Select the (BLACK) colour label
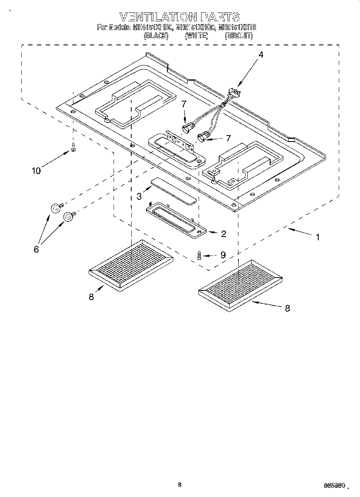coord(156,36)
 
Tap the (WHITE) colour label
coord(196,36)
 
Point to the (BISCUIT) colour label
coord(239,36)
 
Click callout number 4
coord(261,55)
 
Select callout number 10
coord(36,171)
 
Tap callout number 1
coord(317,237)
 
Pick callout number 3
coord(139,197)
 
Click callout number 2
coord(223,234)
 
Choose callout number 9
coord(223,255)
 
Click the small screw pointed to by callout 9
coord(199,255)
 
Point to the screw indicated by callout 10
coord(73,148)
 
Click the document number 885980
coord(334,485)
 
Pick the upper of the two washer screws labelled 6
coord(55,208)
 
